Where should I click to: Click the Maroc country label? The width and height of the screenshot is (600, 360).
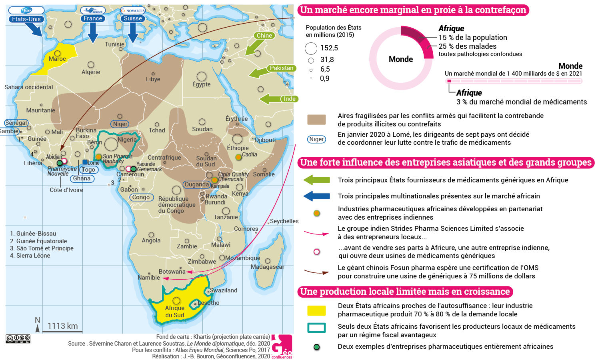tap(57, 59)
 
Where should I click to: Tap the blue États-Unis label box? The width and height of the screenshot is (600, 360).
tap(26, 19)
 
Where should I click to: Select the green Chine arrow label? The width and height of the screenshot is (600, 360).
tap(264, 36)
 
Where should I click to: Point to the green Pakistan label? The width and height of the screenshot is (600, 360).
tap(281, 68)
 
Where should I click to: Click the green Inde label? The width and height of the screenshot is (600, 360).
tap(289, 99)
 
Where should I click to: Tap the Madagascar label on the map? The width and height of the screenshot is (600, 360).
tap(267, 267)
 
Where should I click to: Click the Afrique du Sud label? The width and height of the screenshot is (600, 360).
tap(175, 312)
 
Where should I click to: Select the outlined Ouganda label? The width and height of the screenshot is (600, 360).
tap(197, 184)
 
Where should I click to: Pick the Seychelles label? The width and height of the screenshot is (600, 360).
tap(284, 221)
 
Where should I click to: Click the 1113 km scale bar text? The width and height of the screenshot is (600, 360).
tap(63, 326)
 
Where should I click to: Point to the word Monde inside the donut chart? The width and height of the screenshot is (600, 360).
tap(400, 59)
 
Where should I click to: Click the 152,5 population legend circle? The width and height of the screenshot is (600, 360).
tap(311, 48)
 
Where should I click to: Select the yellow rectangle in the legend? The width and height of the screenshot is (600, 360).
tap(316, 310)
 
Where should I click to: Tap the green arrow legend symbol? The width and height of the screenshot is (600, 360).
tap(316, 180)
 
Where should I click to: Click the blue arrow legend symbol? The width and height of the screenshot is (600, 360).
tap(316, 196)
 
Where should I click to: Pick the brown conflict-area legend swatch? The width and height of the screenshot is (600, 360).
tap(316, 120)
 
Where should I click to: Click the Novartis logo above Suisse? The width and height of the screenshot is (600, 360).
tap(133, 11)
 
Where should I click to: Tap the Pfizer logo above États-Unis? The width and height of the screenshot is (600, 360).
tap(26, 10)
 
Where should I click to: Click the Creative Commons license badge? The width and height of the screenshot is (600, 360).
tap(18, 339)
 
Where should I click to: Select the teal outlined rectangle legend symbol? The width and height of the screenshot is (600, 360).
tap(316, 328)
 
